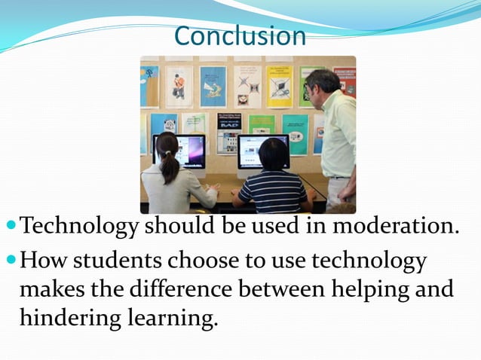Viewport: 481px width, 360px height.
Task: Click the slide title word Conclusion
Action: (240, 35)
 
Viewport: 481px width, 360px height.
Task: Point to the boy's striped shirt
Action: (274, 192)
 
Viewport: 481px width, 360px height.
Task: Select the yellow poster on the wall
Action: (278, 84)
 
